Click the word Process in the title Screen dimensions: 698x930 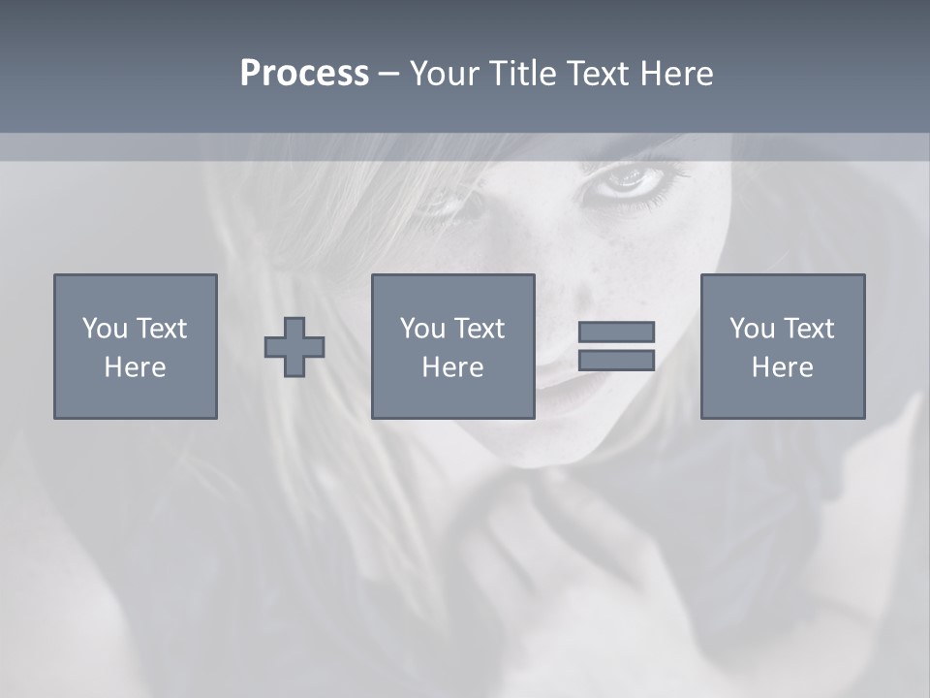(304, 74)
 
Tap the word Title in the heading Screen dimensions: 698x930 (524, 74)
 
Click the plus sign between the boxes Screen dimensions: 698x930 (294, 347)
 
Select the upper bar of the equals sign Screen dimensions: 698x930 (616, 332)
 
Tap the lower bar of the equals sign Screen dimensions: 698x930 (616, 360)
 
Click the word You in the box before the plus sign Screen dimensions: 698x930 (106, 329)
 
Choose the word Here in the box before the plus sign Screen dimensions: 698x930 (135, 367)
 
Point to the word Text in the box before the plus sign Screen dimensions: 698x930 (161, 329)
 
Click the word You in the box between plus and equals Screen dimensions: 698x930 (423, 329)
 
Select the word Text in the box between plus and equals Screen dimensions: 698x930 (479, 329)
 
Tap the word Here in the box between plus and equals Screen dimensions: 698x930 (452, 367)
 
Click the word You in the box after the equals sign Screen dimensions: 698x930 (753, 329)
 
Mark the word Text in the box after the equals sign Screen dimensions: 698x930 (808, 329)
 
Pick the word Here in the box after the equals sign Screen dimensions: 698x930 (782, 367)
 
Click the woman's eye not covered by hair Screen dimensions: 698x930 (628, 179)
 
